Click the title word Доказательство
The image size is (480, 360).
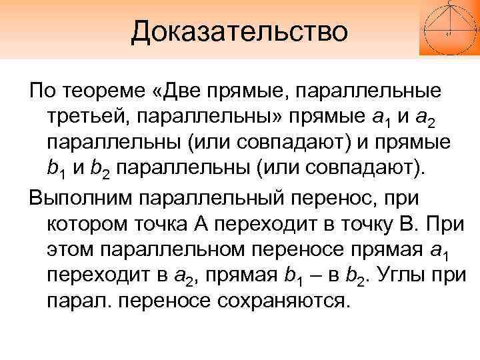coord(240,31)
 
